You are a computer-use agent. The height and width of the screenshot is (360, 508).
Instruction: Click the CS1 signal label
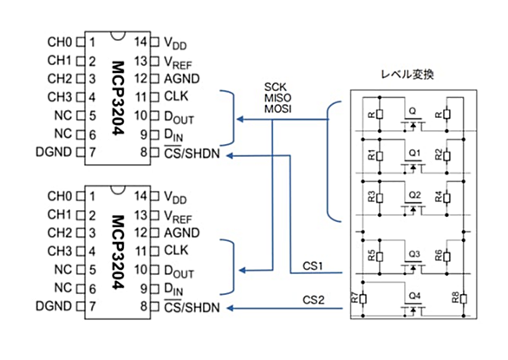coord(313,266)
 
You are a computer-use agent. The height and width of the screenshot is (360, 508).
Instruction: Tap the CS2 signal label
coord(313,299)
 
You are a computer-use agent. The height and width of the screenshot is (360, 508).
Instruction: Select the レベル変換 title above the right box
coord(407,75)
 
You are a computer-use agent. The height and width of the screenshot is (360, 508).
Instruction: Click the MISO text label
coord(277,98)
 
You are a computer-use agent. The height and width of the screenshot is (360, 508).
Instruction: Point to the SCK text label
coord(276,88)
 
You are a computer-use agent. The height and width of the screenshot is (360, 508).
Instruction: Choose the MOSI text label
coord(277,108)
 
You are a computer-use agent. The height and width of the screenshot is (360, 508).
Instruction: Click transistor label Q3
coord(414,254)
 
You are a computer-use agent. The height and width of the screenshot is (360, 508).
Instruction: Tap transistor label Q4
coord(414,296)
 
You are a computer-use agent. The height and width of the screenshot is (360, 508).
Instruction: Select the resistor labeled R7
coord(363,298)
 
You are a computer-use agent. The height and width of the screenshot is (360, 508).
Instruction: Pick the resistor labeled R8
coord(464,298)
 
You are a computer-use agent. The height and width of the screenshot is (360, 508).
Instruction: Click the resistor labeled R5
coord(380,257)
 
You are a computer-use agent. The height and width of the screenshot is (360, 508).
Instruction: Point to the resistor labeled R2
coord(446,156)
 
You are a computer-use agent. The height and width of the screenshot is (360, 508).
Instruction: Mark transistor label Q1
coord(414,153)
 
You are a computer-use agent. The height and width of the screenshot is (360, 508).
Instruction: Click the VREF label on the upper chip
coord(178,62)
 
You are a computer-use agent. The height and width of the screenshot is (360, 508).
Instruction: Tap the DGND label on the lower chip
coord(54,306)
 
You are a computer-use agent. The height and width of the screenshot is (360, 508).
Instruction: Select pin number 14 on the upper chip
coord(141,42)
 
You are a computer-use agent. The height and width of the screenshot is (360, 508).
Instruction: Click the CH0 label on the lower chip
coord(59,196)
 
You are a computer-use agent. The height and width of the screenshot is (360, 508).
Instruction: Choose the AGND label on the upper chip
coord(182,79)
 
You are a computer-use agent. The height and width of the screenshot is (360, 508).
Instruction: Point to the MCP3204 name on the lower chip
coord(118,252)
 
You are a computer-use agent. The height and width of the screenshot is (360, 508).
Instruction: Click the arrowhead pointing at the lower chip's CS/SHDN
coord(230,308)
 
